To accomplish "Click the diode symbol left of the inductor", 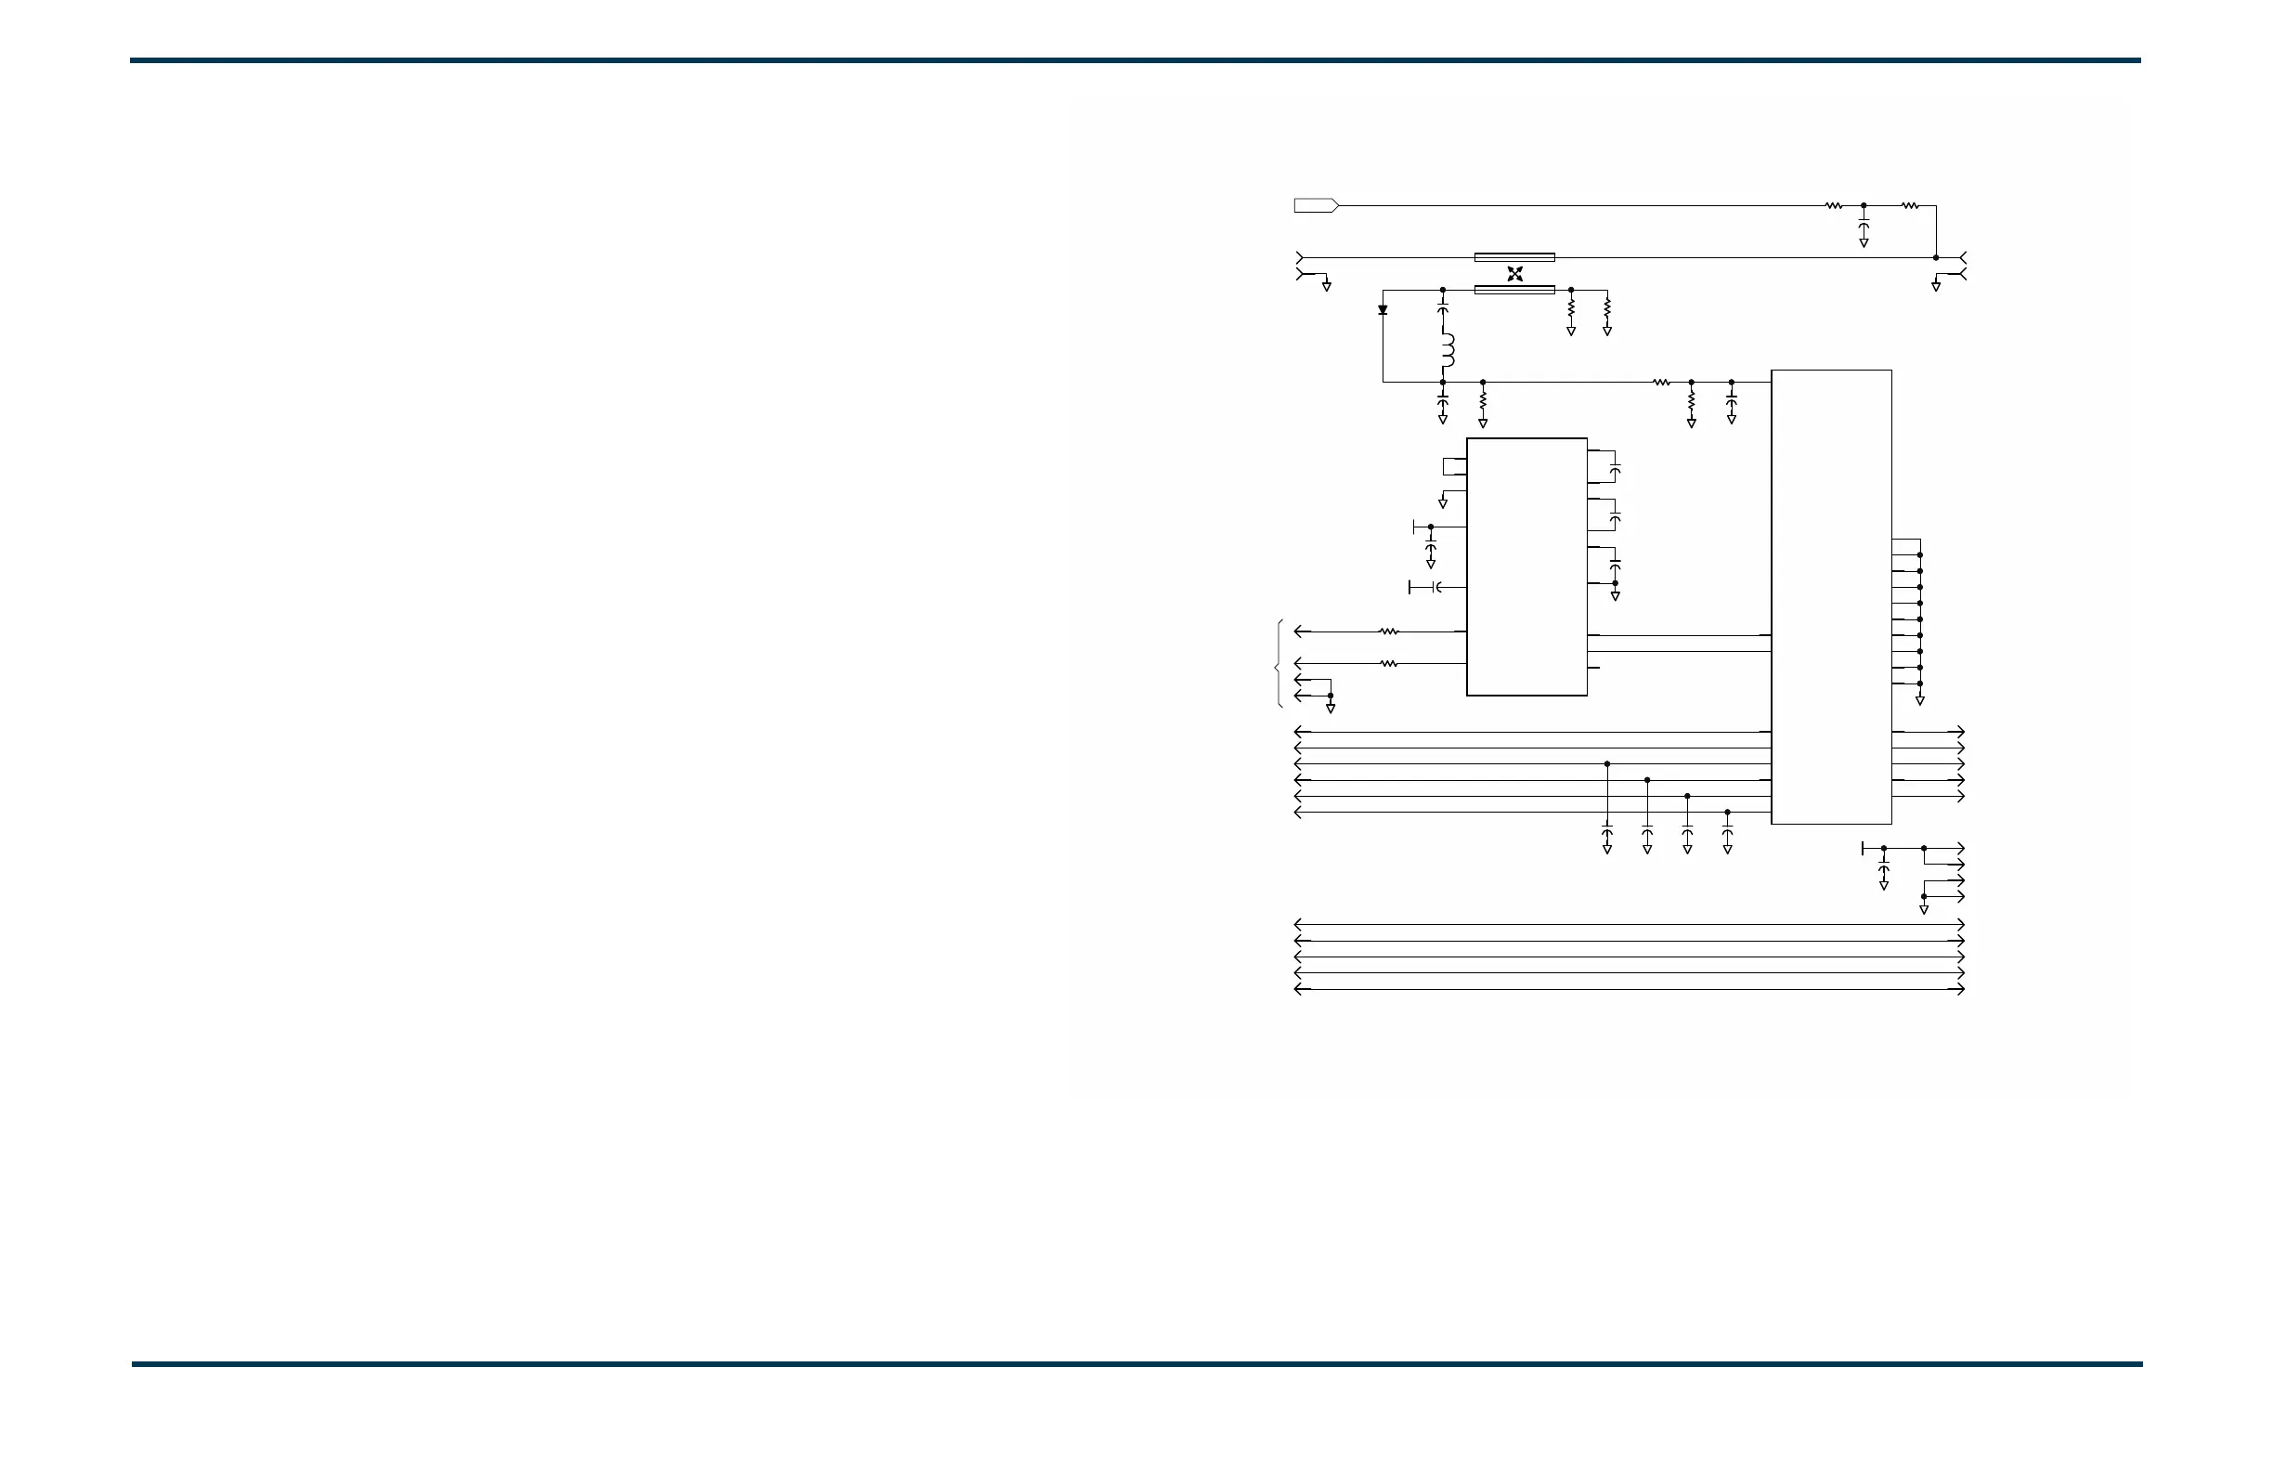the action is click(x=1383, y=309).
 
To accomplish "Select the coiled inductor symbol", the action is click(x=1447, y=350).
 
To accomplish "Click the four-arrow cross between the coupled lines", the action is click(x=1514, y=274).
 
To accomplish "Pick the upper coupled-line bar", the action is click(x=1514, y=257).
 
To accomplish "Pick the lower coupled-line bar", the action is click(x=1514, y=290).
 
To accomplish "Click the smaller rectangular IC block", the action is click(x=1526, y=566).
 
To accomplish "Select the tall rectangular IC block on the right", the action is click(x=1831, y=596).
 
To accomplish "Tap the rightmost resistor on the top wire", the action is click(x=1910, y=205).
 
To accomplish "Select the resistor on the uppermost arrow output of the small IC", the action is click(x=1389, y=631).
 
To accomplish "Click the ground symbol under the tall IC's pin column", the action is click(x=1919, y=701).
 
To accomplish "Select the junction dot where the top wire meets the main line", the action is click(x=1936, y=258).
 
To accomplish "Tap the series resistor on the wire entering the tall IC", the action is click(x=1662, y=382).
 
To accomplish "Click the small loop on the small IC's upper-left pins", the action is click(x=1455, y=466).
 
